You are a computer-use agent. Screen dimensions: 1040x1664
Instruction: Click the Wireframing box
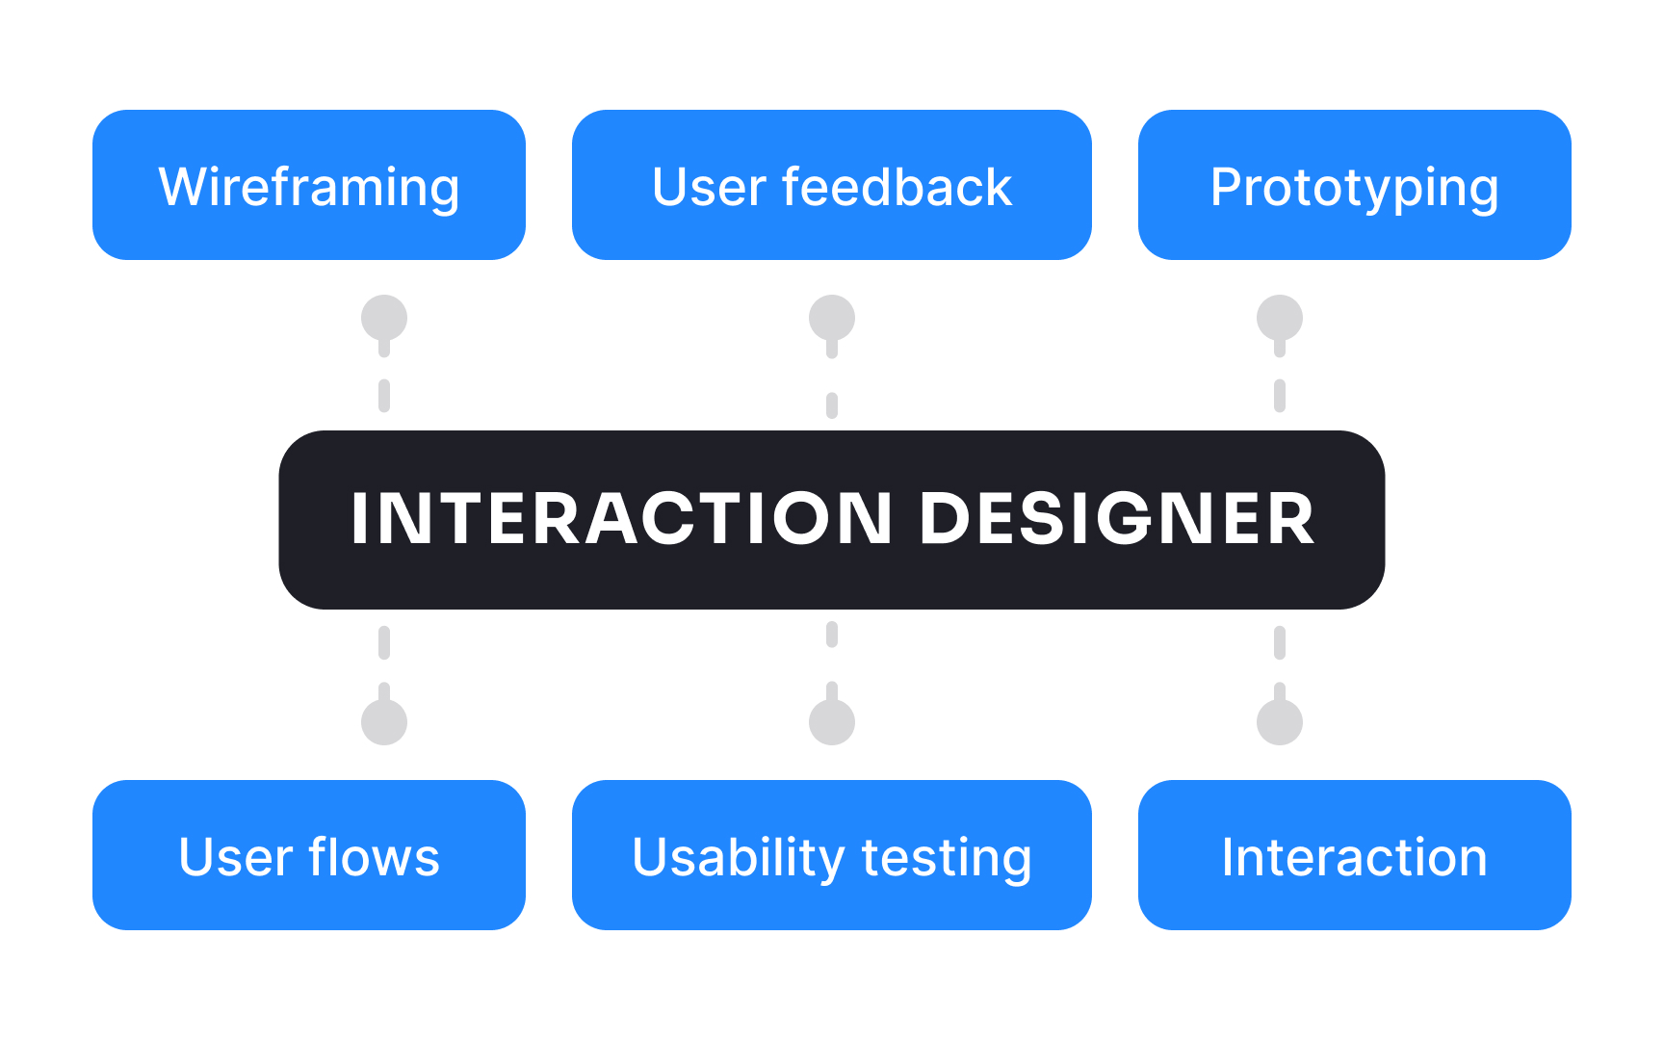pos(308,185)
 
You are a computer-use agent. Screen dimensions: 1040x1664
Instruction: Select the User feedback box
pos(831,185)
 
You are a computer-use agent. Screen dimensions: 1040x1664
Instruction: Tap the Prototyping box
pos(1354,185)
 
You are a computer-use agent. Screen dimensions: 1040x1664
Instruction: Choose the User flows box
pos(308,855)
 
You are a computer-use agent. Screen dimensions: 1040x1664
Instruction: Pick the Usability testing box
pos(831,855)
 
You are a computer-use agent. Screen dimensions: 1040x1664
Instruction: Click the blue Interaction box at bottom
pos(1354,855)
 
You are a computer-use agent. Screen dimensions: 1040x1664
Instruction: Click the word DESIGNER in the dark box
pos(1117,520)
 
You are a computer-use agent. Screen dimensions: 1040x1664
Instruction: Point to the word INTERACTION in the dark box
pos(621,520)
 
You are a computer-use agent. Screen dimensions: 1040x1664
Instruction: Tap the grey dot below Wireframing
pos(384,318)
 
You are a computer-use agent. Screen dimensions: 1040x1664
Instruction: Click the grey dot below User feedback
pos(832,318)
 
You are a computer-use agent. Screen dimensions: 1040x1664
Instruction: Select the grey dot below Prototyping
pos(1280,318)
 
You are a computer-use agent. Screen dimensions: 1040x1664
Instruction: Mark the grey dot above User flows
pos(384,722)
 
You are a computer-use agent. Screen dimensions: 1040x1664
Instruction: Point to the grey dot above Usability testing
pos(832,722)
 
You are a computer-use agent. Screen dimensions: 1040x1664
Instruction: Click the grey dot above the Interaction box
pos(1280,722)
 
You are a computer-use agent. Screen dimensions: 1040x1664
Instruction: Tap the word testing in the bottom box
pos(947,857)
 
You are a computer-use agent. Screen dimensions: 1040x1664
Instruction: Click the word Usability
pos(738,857)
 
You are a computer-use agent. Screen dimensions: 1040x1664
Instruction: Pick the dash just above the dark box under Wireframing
pos(384,395)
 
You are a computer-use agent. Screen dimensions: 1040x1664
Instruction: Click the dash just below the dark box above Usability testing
pos(832,635)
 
